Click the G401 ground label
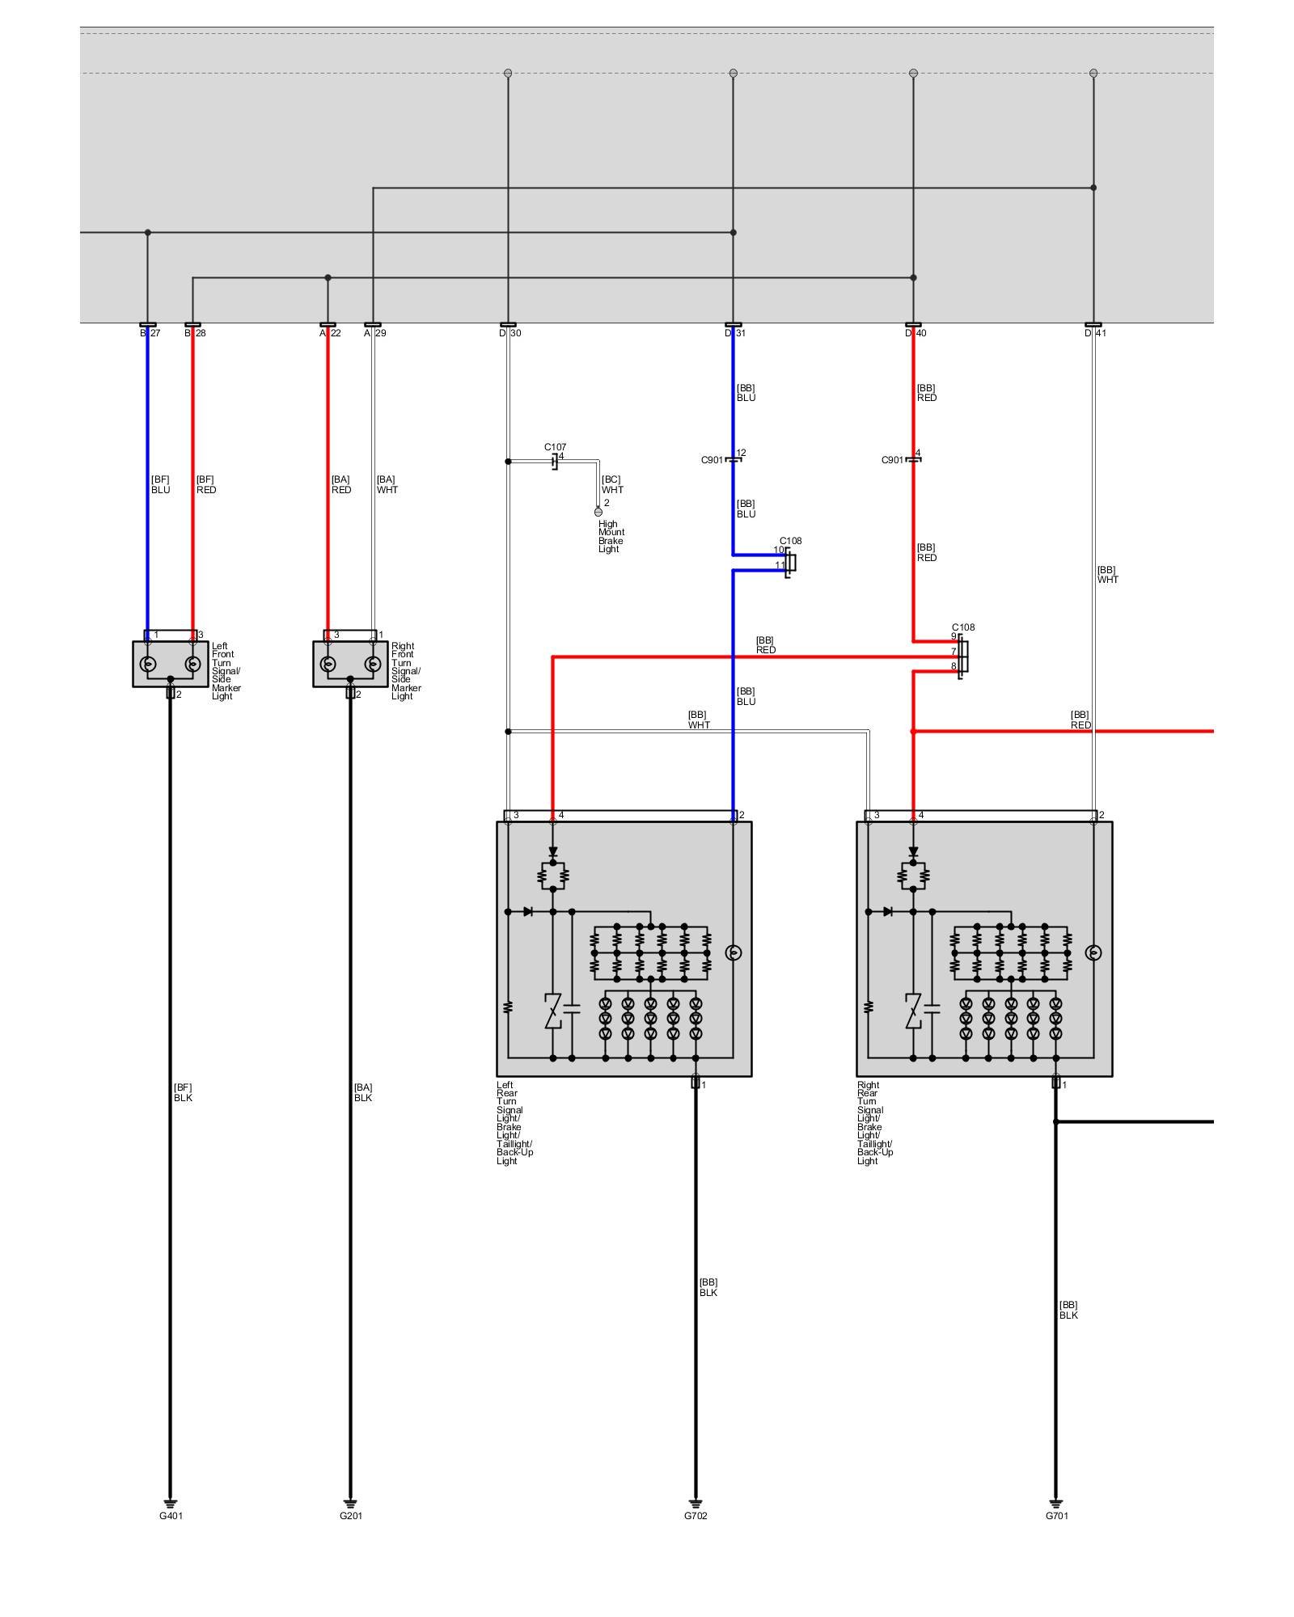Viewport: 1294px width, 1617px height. click(x=171, y=1516)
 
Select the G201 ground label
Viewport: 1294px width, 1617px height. click(x=351, y=1516)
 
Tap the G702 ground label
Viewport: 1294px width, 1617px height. click(x=696, y=1516)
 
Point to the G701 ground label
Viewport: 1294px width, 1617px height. click(x=1057, y=1516)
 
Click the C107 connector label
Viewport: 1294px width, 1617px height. click(x=556, y=447)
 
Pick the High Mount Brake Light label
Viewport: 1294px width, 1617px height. click(x=611, y=537)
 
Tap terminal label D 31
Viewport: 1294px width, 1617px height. click(x=735, y=333)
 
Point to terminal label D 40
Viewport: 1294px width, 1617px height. click(x=916, y=333)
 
